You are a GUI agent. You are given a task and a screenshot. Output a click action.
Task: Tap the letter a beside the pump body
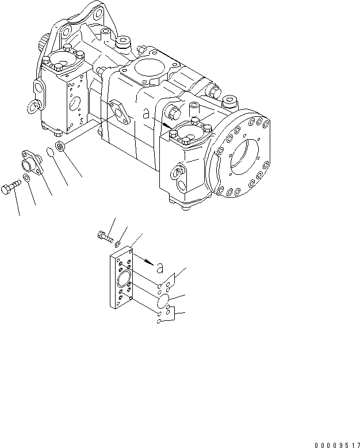pyautogui.click(x=148, y=115)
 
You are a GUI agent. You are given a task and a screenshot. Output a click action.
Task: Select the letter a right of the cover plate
pyautogui.click(x=160, y=267)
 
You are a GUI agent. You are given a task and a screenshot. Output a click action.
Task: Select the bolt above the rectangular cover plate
pyautogui.click(x=103, y=235)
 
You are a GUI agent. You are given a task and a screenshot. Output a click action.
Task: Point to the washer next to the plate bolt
pyautogui.click(x=117, y=244)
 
